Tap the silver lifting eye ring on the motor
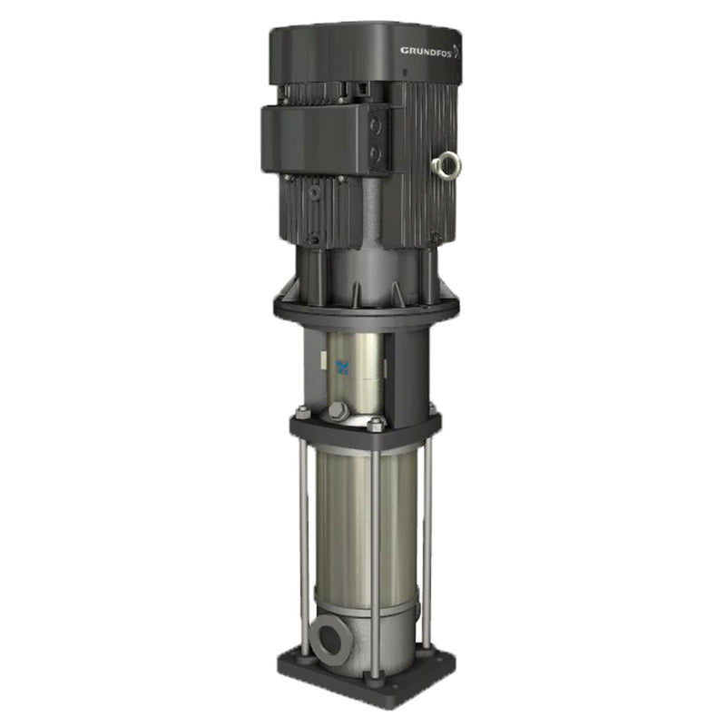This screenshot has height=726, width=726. [x=446, y=164]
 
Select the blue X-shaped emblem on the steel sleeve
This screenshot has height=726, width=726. [x=343, y=368]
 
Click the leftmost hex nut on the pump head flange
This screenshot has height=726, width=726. [x=301, y=414]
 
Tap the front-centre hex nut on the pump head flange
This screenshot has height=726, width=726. [x=375, y=423]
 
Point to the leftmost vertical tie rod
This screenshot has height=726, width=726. [x=303, y=544]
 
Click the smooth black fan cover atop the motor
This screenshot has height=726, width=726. [x=363, y=54]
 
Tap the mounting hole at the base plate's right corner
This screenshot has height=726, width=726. [x=438, y=662]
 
